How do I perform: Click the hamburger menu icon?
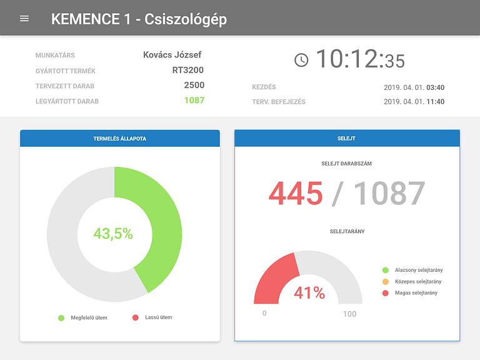point(24,18)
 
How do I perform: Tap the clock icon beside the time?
point(301,59)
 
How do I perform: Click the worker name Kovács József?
point(172,55)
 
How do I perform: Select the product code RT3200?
point(188,70)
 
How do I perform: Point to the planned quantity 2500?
point(194,85)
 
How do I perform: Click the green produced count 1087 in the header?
point(194,100)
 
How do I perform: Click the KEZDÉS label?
point(264,87)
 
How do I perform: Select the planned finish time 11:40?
point(435,101)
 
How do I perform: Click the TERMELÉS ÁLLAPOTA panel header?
point(120,138)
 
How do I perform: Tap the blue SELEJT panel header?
point(347,138)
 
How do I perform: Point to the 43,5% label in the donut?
point(113,234)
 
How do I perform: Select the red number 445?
point(296,194)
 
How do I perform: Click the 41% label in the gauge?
point(309,292)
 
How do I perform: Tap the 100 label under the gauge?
point(349,314)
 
